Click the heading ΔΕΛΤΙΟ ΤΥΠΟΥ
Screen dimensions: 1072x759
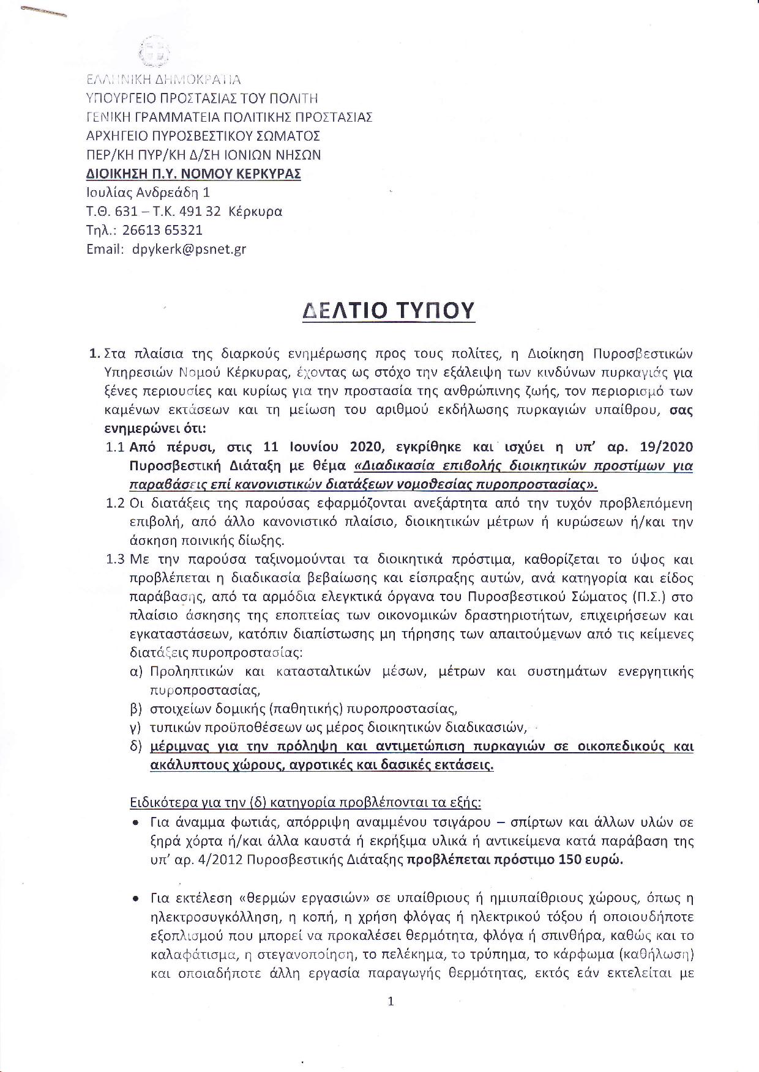389,311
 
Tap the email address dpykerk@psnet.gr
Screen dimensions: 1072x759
189,249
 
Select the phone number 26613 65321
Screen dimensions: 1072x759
162,230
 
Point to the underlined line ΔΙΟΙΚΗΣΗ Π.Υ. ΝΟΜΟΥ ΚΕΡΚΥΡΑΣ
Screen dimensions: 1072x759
193,174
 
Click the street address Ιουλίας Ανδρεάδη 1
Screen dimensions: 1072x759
148,192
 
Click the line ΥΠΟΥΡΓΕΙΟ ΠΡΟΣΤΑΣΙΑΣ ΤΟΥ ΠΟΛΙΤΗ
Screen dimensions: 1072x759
202,98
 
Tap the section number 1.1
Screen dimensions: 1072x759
116,447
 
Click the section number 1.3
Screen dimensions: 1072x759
116,560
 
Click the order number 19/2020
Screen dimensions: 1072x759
666,447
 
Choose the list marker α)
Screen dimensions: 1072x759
136,671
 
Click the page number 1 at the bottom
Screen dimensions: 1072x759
391,1002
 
